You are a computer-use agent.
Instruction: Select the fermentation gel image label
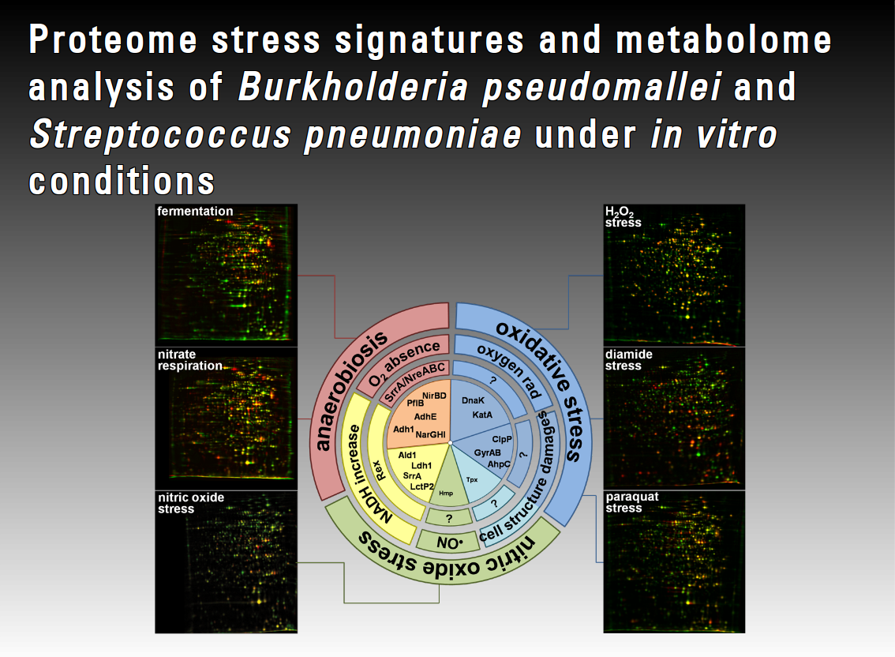tap(195, 212)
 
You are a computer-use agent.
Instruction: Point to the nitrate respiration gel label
tap(189, 360)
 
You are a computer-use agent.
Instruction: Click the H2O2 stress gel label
tap(623, 217)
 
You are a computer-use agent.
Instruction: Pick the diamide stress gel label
tap(628, 360)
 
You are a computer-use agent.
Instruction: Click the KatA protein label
tap(483, 414)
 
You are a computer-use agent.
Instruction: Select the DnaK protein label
tap(473, 400)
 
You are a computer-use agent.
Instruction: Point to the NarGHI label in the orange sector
tap(430, 434)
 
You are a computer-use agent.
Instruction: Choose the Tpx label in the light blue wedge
tap(472, 479)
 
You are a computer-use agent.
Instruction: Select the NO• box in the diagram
tap(447, 542)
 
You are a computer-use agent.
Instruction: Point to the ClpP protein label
tap(502, 438)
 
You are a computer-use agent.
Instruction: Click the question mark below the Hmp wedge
tap(448, 518)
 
